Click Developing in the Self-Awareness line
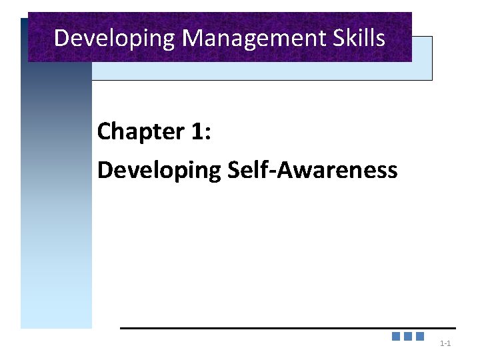159,171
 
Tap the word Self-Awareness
313,170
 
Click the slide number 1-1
446,344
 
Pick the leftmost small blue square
396,337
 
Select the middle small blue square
408,337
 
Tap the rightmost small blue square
420,337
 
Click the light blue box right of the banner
422,58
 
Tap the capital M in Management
191,37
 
